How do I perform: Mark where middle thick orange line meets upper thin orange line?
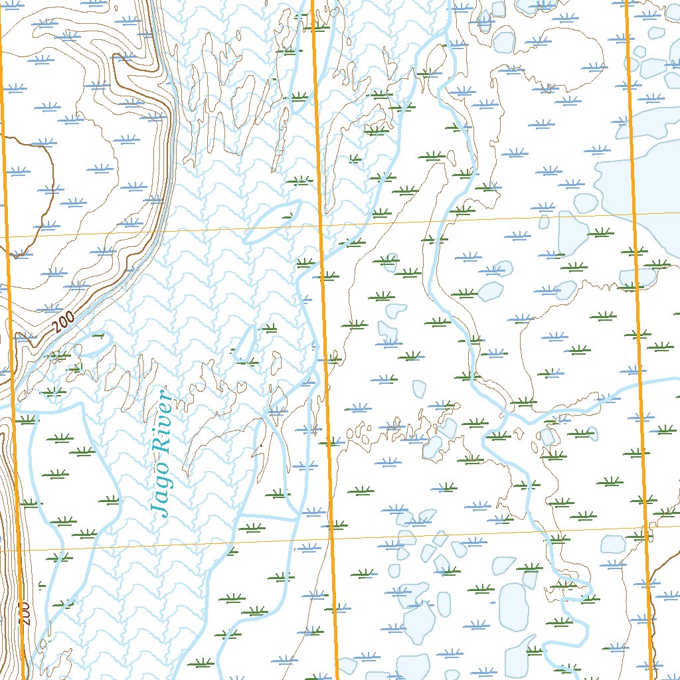click(x=321, y=226)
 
